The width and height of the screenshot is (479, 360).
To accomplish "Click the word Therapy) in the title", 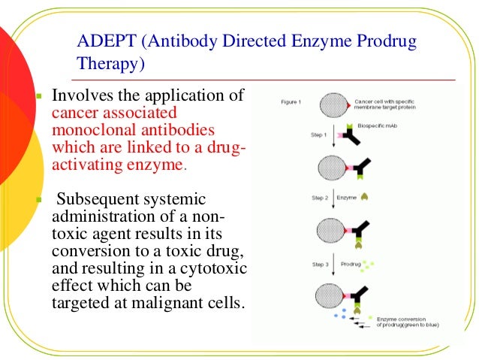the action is (x=111, y=65).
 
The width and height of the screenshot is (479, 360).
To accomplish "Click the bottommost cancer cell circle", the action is (x=333, y=296).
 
